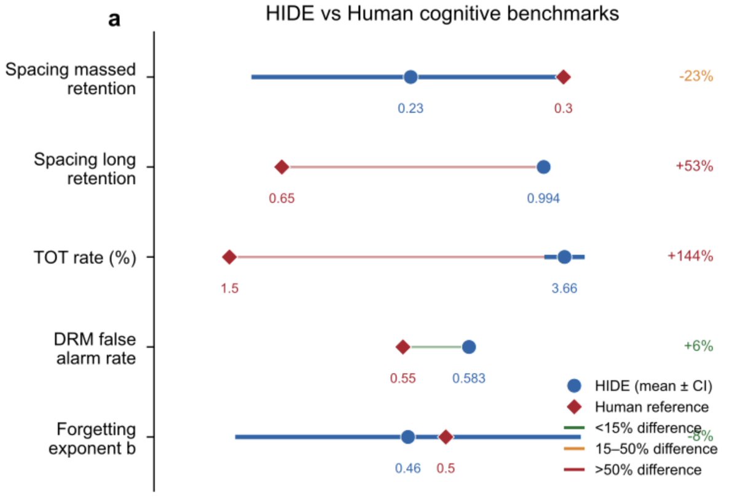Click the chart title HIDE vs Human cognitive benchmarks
(441, 15)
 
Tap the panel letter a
(114, 20)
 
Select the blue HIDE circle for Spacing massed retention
(411, 77)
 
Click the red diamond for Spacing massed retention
(563, 77)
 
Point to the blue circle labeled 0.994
(543, 167)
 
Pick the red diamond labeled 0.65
(282, 167)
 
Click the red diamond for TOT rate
(229, 257)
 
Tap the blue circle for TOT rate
(564, 257)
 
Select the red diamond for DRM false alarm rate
(403, 347)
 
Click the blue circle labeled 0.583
(469, 347)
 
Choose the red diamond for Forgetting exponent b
(446, 437)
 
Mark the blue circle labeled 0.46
(408, 437)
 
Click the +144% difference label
(690, 257)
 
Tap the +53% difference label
(694, 167)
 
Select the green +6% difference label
(698, 347)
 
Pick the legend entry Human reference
(643, 406)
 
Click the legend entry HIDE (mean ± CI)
(644, 386)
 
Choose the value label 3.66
(564, 288)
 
